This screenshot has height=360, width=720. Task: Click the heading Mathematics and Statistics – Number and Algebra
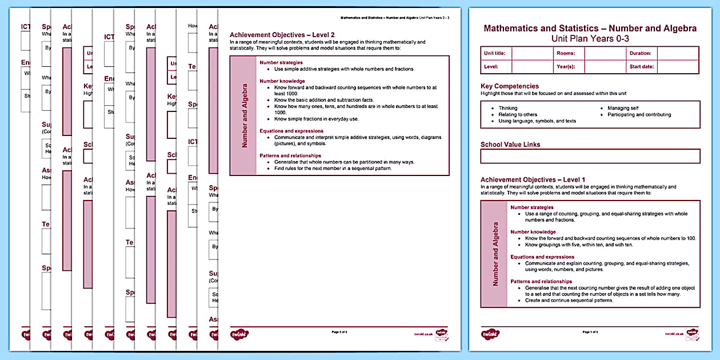[590, 28]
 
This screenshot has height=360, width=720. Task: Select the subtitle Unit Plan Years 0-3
[590, 38]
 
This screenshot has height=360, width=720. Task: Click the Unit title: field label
[495, 53]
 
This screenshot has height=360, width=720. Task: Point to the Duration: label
[641, 53]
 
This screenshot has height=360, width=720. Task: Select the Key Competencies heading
[510, 86]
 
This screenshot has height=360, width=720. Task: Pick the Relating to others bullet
[518, 114]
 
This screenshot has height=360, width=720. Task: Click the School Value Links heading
[510, 145]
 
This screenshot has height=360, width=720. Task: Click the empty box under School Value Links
[590, 156]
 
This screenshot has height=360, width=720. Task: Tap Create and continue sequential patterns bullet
[569, 300]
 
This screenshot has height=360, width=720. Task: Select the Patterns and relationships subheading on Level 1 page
[541, 281]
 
